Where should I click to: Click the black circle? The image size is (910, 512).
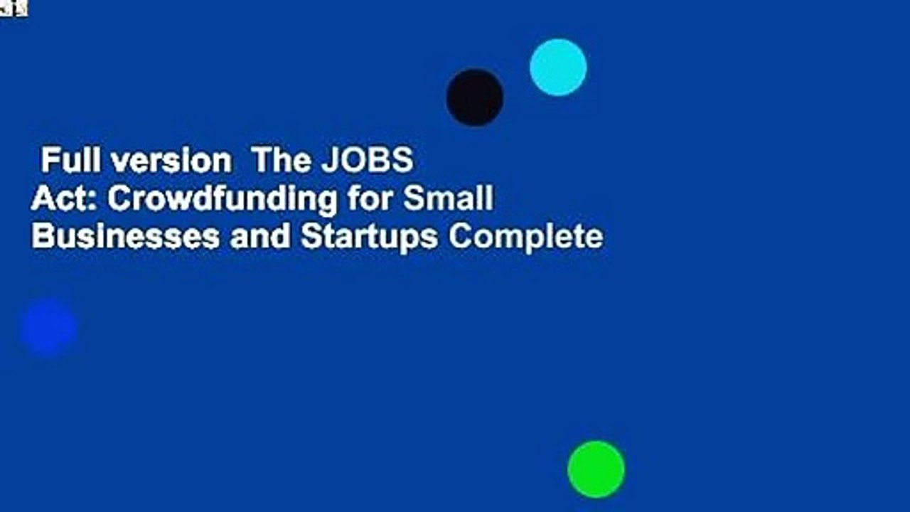click(475, 97)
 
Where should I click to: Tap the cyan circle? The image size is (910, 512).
click(558, 68)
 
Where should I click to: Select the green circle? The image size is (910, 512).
click(596, 469)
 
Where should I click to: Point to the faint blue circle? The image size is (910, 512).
click(48, 328)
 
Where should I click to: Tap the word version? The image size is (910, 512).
click(175, 161)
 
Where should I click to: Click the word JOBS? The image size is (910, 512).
click(367, 161)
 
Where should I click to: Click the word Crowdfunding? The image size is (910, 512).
click(222, 199)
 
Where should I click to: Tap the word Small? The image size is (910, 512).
click(448, 199)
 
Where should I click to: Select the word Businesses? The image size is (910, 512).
click(125, 237)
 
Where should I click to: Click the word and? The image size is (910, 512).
click(259, 237)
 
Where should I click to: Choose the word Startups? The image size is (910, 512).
click(369, 237)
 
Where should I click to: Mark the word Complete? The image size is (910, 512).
click(525, 237)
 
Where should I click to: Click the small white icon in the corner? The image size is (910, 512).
click(13, 8)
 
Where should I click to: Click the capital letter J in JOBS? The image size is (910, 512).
click(328, 161)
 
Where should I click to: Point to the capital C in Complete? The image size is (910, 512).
click(459, 237)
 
